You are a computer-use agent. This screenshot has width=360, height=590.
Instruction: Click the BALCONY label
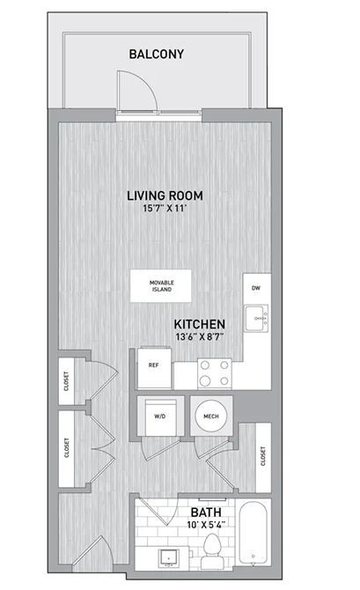point(157,54)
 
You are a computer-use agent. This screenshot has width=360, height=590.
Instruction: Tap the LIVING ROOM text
point(165,195)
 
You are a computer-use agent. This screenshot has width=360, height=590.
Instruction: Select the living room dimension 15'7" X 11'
point(165,208)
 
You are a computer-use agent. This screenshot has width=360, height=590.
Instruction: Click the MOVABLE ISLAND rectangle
point(160,285)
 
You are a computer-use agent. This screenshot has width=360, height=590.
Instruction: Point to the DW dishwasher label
point(256,288)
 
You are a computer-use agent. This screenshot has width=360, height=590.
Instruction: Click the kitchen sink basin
point(256,318)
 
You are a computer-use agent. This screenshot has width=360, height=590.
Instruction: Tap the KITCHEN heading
point(200,324)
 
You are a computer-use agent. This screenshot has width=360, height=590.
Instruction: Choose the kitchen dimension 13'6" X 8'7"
point(200,336)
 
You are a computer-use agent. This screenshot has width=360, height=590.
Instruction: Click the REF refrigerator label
point(153,365)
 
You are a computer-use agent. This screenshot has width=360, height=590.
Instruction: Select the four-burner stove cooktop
point(215,373)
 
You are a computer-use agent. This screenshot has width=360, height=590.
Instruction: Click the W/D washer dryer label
point(160,417)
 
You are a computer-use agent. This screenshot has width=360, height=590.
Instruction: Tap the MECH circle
point(211,417)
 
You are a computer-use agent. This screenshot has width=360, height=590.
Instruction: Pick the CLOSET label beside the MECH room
point(263,456)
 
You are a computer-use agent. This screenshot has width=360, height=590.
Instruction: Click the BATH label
point(206,513)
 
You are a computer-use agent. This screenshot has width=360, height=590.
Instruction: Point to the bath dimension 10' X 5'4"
point(206,525)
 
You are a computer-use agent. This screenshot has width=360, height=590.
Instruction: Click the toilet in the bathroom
point(212,550)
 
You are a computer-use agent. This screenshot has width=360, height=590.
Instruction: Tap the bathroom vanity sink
point(169,557)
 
